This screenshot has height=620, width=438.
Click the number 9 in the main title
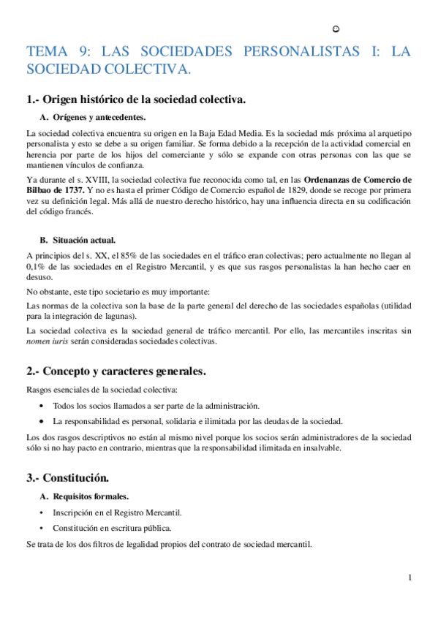[x=87, y=52]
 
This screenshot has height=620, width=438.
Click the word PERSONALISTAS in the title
[x=296, y=52]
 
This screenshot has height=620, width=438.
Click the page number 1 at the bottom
[x=410, y=578]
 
